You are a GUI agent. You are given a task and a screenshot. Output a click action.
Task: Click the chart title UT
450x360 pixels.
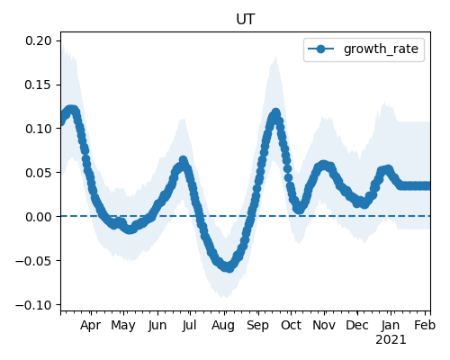pos(246,20)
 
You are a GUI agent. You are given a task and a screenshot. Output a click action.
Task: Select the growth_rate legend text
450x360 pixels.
pos(381,49)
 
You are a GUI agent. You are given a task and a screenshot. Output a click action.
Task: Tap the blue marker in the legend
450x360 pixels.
pos(320,49)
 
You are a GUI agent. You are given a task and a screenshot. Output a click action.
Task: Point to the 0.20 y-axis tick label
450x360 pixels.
pos(39,40)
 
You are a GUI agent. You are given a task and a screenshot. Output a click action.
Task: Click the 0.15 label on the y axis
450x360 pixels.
pos(39,85)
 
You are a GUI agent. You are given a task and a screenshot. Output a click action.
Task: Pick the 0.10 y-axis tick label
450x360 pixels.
pos(39,129)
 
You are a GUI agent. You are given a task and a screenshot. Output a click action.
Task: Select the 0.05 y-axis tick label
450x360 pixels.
pos(39,173)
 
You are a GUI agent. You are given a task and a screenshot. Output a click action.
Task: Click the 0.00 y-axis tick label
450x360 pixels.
pos(39,217)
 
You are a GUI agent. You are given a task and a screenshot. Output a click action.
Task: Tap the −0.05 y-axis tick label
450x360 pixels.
pos(34,261)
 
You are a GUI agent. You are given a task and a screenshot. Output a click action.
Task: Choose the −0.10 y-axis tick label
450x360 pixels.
pos(34,305)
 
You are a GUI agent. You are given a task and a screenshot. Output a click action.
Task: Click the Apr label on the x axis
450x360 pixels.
pos(90,326)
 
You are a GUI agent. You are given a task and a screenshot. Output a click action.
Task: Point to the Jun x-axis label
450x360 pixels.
pos(157,326)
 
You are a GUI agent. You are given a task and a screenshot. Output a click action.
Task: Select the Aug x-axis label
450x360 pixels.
pos(223,326)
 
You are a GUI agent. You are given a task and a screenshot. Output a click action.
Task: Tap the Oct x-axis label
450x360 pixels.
pos(291,326)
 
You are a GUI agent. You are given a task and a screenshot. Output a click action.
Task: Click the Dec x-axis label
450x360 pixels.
pos(357,326)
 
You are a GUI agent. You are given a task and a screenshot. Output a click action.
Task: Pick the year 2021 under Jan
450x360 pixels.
pos(391,340)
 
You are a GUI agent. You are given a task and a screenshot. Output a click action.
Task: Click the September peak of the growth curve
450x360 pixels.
pos(275,112)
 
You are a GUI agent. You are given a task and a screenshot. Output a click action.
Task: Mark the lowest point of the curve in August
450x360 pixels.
pos(229,267)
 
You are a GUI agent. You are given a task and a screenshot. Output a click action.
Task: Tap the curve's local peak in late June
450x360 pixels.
pos(184,160)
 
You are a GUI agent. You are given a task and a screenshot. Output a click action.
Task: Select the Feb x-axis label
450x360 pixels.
pos(425,326)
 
